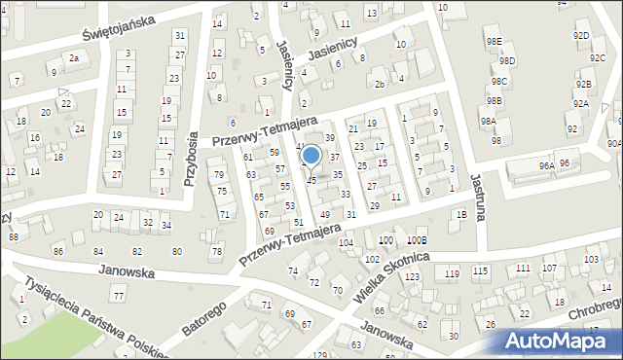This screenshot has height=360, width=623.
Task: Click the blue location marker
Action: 311,155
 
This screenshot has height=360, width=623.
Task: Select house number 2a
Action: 74,58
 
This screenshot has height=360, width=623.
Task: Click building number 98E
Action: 495,42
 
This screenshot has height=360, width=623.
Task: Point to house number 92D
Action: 581,35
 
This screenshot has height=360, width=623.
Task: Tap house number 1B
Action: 461,214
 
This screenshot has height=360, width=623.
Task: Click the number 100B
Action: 418,239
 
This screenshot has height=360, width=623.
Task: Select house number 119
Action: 452,274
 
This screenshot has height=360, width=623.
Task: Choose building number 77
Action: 119,295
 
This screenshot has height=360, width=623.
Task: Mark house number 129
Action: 320,355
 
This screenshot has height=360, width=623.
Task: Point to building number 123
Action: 413,277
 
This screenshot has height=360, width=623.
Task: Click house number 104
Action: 346,242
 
